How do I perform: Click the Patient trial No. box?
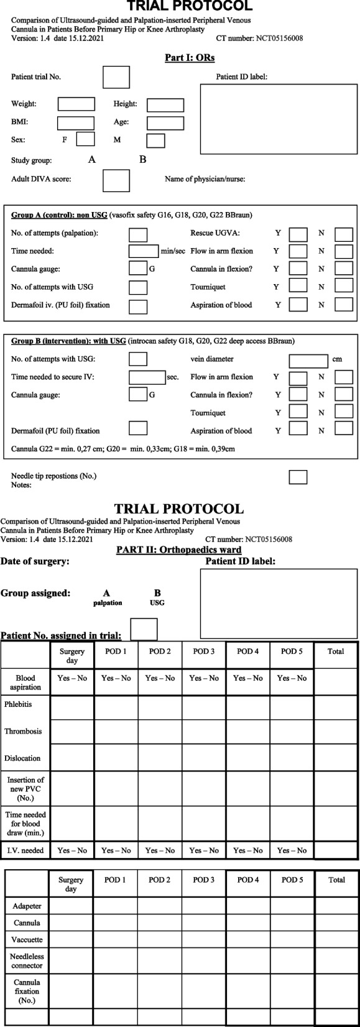(x=116, y=77)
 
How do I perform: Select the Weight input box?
(x=76, y=104)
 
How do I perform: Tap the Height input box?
(x=165, y=105)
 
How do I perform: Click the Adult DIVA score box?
(x=116, y=180)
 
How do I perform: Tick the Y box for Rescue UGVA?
(x=298, y=234)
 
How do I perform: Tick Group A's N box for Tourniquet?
(x=343, y=286)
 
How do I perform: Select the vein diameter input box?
(x=308, y=361)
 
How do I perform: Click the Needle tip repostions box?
(x=298, y=477)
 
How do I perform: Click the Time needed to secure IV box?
(x=147, y=377)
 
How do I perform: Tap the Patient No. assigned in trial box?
(x=144, y=629)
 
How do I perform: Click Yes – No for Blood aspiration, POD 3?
(x=204, y=678)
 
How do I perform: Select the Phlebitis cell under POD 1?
(x=116, y=707)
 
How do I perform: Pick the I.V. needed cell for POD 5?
(x=292, y=850)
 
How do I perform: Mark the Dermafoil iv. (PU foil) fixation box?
(x=138, y=306)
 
